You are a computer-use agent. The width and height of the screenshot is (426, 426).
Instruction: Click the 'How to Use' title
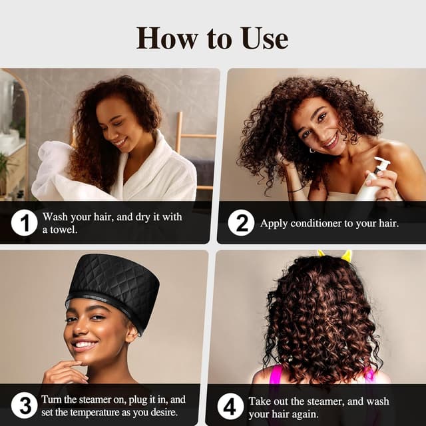pyautogui.click(x=212, y=37)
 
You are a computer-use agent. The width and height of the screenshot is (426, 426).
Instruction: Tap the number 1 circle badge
pyautogui.click(x=24, y=222)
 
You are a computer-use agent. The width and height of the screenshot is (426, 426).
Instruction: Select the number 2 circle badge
pyautogui.click(x=241, y=222)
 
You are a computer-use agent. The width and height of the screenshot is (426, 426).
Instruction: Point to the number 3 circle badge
pyautogui.click(x=24, y=405)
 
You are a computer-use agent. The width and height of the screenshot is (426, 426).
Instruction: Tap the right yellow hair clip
pyautogui.click(x=346, y=256)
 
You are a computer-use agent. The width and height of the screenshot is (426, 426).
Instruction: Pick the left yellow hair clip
pyautogui.click(x=321, y=254)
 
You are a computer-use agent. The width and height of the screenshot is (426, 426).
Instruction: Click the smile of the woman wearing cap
pyautogui.click(x=85, y=344)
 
